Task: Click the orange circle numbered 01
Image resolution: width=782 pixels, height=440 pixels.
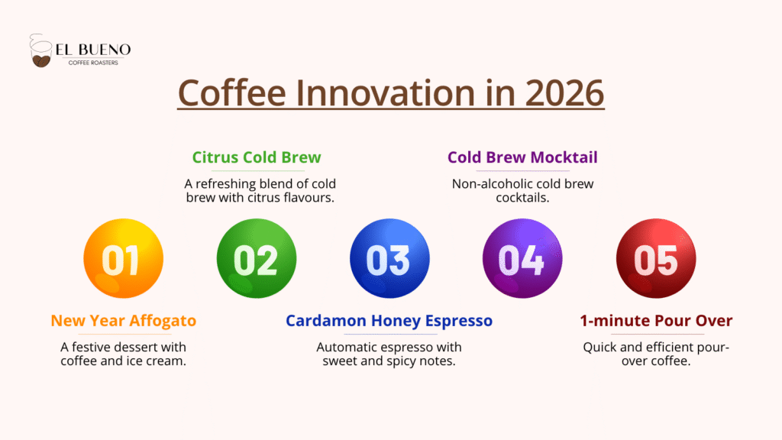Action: pyautogui.click(x=123, y=258)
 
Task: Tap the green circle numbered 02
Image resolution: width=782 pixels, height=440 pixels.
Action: pyautogui.click(x=257, y=258)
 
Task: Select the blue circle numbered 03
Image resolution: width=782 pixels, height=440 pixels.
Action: pyautogui.click(x=389, y=258)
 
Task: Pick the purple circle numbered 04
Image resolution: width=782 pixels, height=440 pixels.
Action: pyautogui.click(x=522, y=258)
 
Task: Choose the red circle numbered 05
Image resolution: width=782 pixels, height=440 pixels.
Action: pyautogui.click(x=656, y=258)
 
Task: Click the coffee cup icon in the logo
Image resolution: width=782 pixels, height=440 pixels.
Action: pyautogui.click(x=40, y=51)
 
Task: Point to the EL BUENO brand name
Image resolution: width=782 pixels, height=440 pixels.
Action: pyautogui.click(x=93, y=50)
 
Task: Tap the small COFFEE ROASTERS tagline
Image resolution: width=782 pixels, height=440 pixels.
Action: pyautogui.click(x=93, y=63)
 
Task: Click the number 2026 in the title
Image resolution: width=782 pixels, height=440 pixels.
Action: pyautogui.click(x=564, y=92)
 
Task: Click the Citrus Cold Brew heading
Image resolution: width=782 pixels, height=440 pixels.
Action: pyautogui.click(x=257, y=157)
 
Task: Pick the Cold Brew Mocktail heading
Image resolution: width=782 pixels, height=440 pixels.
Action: pyautogui.click(x=522, y=157)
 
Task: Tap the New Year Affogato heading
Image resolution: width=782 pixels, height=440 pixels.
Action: pyautogui.click(x=123, y=321)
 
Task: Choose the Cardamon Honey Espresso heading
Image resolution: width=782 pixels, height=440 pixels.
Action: pyautogui.click(x=389, y=321)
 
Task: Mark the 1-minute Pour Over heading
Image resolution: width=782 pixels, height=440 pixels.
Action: pyautogui.click(x=656, y=321)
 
